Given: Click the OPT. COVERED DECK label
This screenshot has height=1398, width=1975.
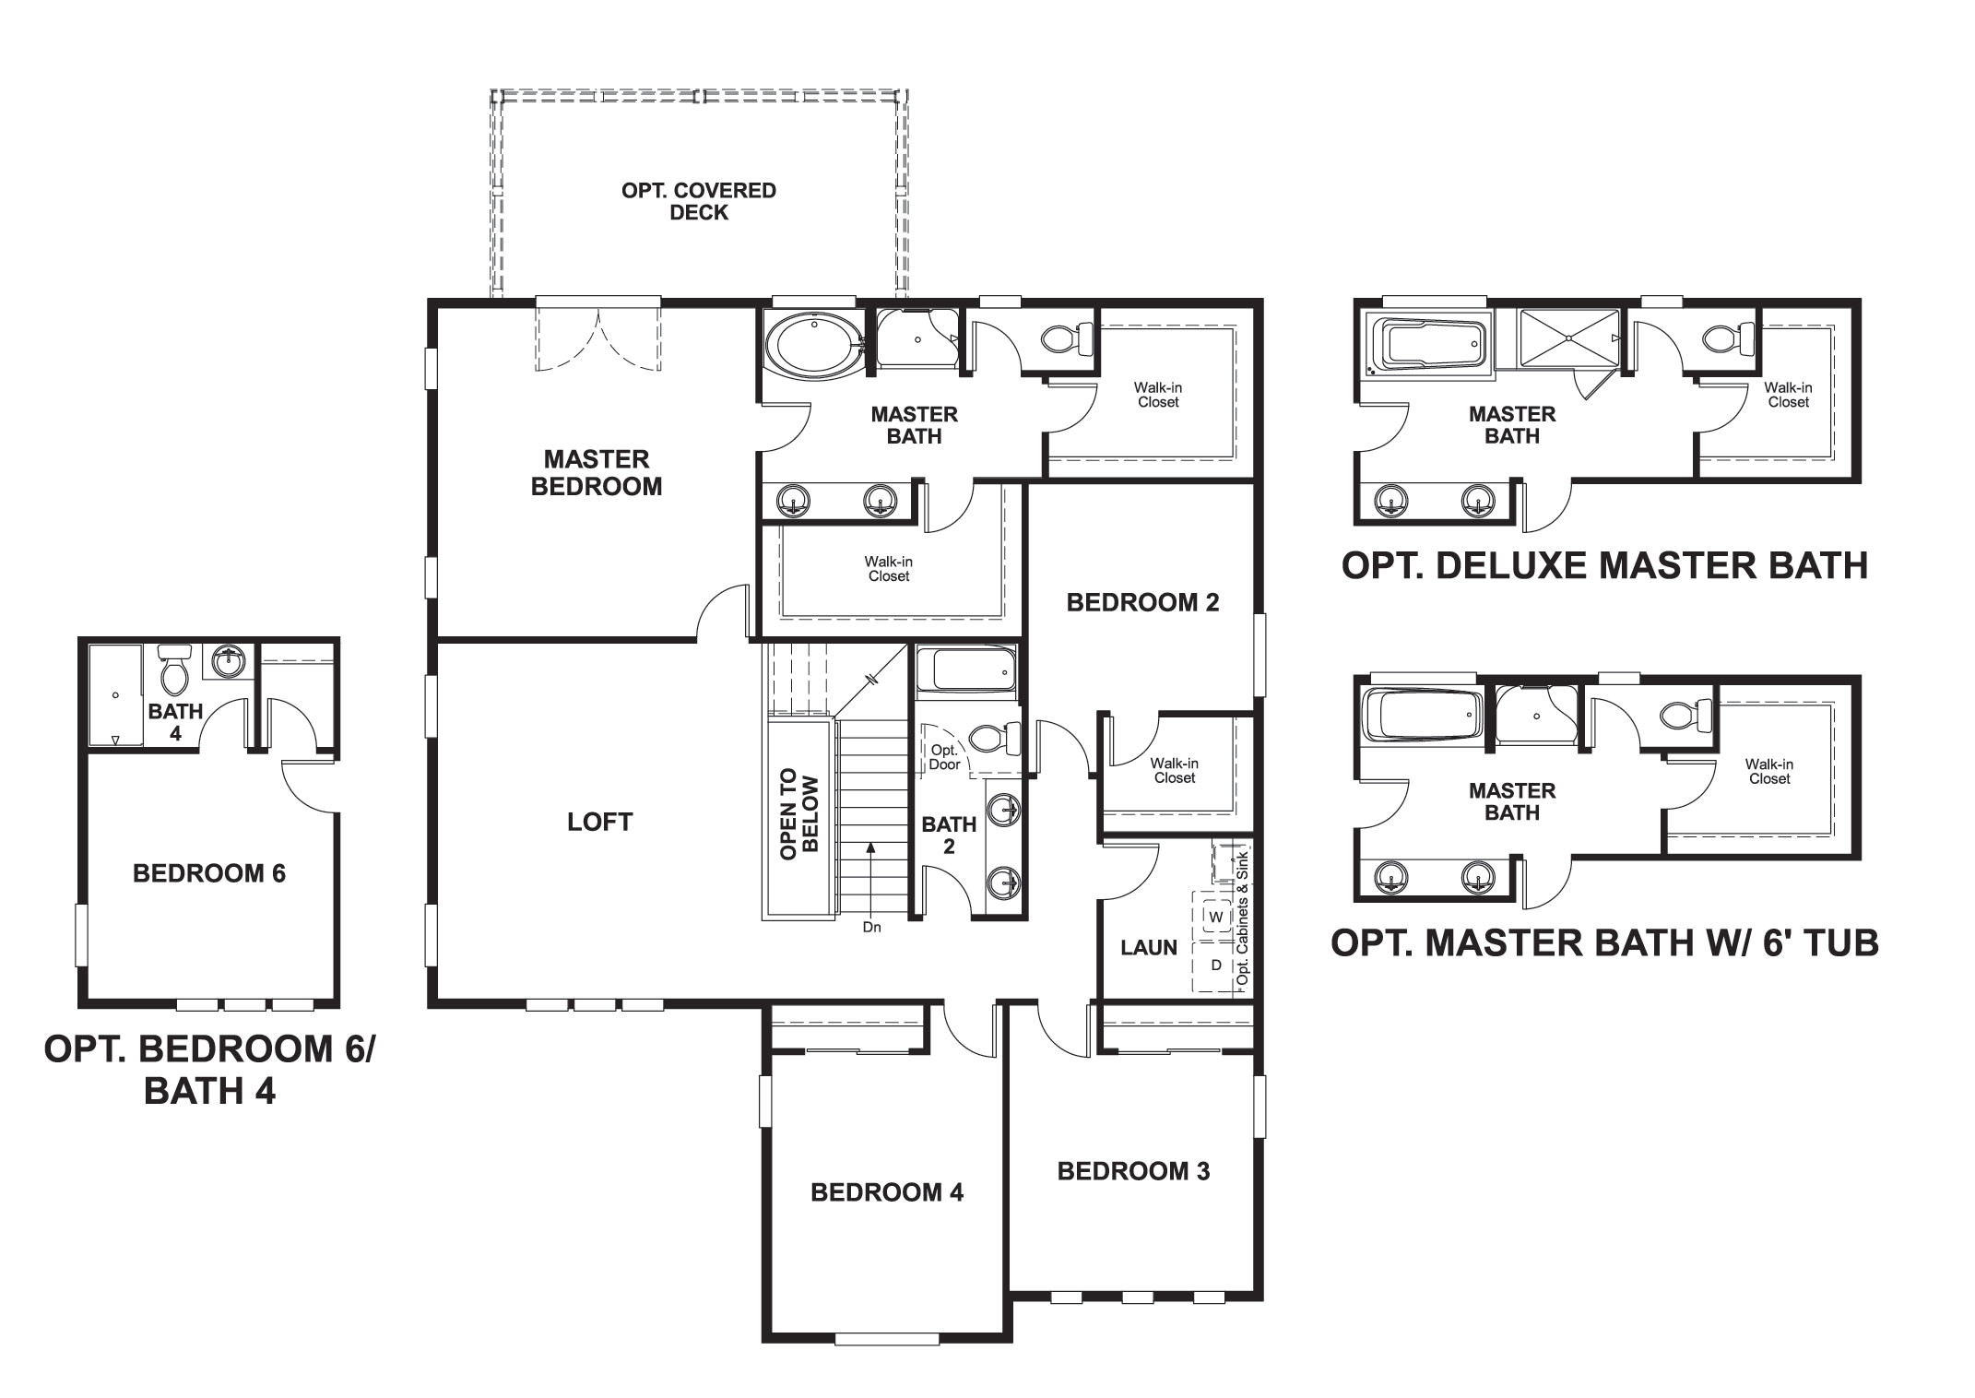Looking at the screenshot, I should tap(699, 201).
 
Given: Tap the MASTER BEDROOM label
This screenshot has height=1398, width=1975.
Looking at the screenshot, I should tap(597, 473).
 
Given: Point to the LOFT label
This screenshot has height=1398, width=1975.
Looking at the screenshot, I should tap(599, 822).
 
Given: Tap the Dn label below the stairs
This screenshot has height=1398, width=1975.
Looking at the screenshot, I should tap(871, 928).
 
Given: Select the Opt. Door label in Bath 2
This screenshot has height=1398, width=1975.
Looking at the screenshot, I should tap(944, 757).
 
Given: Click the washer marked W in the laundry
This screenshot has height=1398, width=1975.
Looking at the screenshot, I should tap(1216, 917).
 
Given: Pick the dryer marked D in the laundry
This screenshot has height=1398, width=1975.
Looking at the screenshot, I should tap(1216, 966).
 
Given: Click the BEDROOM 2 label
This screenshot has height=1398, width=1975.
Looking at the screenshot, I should tap(1142, 603).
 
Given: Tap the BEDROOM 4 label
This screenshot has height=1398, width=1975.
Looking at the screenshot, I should tap(887, 1192).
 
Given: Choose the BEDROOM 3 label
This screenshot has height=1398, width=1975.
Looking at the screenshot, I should tap(1133, 1171).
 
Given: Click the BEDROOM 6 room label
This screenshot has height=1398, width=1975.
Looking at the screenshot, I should tap(209, 873).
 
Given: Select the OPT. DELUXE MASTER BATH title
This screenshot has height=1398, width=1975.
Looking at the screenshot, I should tap(1604, 565).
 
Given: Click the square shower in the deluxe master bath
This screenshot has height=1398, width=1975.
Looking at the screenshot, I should tap(1568, 339).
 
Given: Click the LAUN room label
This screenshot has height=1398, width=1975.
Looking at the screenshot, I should tap(1149, 947).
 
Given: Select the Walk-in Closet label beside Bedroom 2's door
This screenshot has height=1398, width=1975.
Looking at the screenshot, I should tap(1174, 770).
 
